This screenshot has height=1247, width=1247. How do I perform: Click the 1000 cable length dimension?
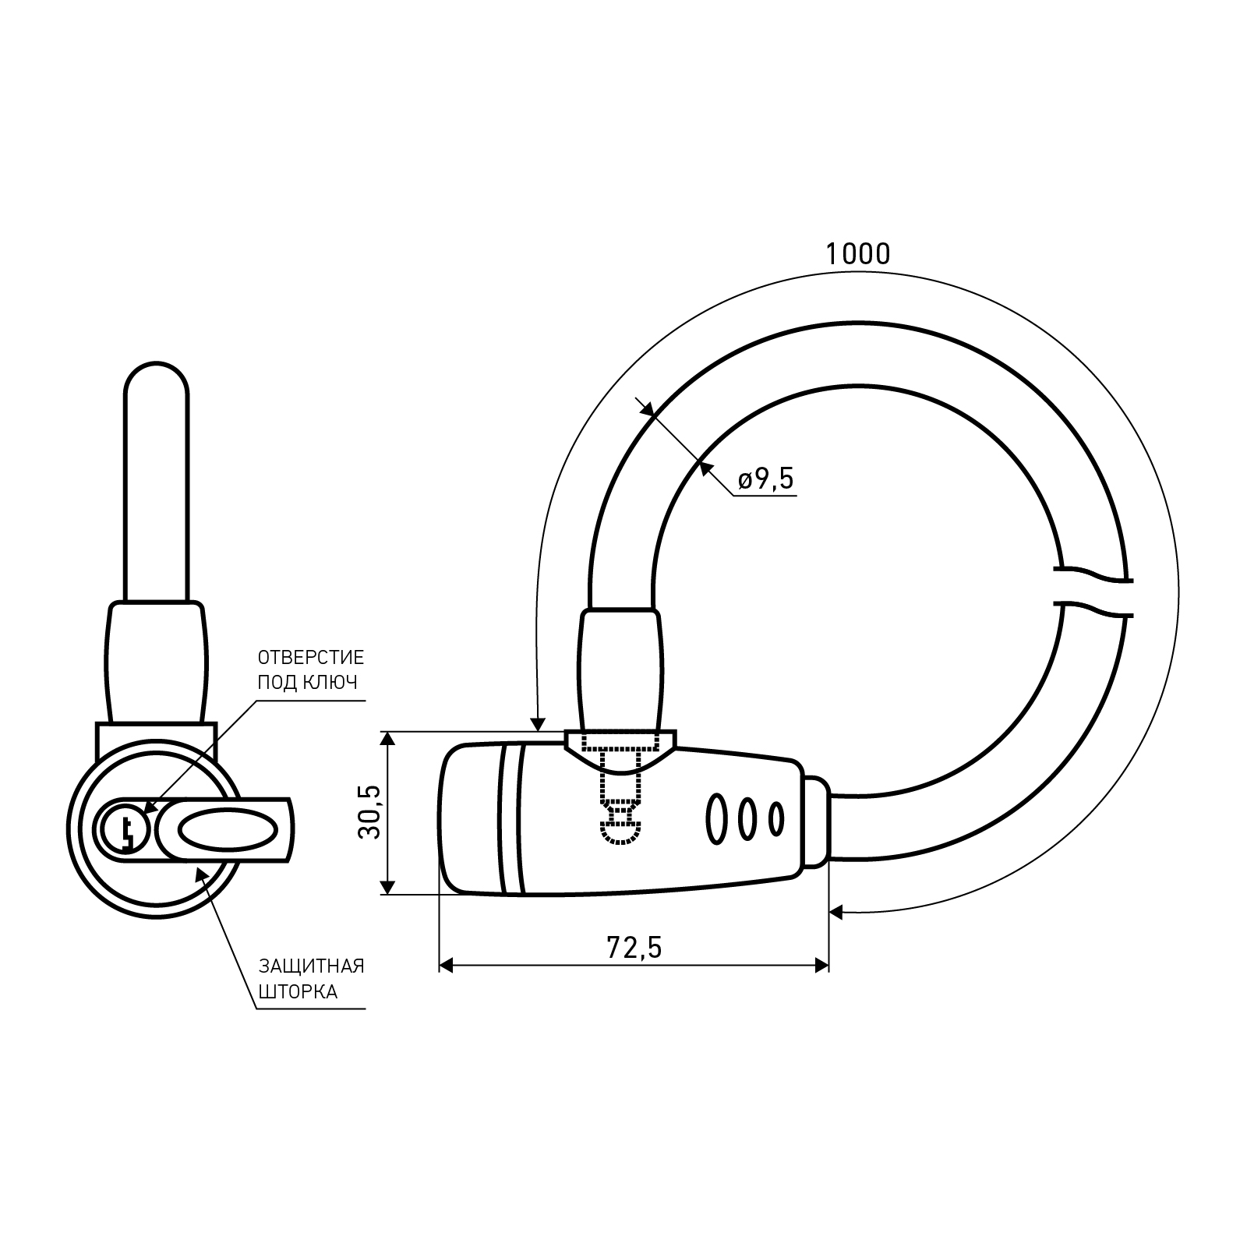pyautogui.click(x=857, y=254)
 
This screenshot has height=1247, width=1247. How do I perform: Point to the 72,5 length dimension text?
pyautogui.click(x=634, y=948)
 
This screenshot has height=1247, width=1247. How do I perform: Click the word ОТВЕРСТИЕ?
pyautogui.click(x=311, y=657)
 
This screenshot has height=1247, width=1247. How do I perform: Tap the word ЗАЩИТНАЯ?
pyautogui.click(x=312, y=966)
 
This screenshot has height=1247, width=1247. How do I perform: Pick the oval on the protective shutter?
pyautogui.click(x=226, y=829)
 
